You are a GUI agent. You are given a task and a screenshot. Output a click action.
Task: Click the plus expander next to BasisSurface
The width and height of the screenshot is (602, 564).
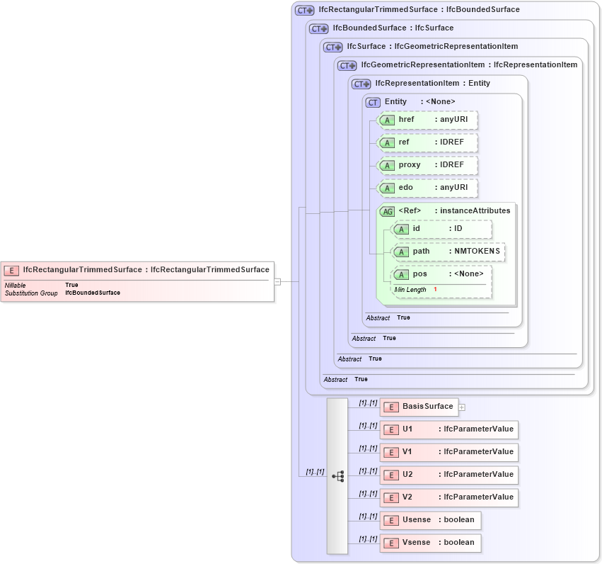coord(462,407)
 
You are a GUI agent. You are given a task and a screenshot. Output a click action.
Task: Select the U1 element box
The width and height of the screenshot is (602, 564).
coord(448,429)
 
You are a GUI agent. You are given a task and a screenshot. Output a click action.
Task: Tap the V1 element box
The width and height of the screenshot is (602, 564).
coord(448,452)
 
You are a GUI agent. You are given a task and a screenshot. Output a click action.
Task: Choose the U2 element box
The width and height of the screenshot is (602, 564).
coord(448,475)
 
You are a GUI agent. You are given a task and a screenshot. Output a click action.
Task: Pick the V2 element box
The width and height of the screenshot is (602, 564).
coord(448,497)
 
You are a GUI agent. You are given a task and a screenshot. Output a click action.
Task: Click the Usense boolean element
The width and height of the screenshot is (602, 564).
coord(430,520)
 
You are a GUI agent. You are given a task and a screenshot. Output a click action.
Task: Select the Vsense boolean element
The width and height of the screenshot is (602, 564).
coord(430,543)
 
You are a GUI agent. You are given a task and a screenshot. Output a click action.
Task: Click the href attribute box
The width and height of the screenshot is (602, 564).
coord(427,120)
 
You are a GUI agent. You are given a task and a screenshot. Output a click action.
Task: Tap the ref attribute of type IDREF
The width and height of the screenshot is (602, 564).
coord(427,142)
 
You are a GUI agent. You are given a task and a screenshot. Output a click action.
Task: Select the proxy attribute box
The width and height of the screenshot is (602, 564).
coord(427,165)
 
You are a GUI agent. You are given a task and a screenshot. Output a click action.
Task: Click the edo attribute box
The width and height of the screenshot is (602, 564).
coord(427,188)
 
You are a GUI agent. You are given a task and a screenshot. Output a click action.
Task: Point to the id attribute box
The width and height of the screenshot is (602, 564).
coord(441,229)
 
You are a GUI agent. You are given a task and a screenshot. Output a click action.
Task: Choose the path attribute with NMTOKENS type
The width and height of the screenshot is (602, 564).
coord(448,252)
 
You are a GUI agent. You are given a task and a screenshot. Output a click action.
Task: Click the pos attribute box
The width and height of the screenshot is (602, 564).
coord(441,274)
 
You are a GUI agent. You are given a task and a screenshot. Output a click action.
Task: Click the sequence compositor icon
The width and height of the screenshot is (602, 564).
coord(337,476)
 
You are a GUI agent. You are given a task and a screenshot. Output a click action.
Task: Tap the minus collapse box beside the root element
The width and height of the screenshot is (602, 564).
coord(277,281)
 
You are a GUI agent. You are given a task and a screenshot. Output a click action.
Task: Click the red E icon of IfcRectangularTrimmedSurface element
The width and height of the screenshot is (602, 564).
coord(11,270)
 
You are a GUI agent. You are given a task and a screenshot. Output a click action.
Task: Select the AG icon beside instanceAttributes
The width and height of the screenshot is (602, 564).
coord(387,211)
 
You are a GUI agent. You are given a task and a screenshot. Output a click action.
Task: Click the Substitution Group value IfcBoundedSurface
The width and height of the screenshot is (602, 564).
coord(92,293)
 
